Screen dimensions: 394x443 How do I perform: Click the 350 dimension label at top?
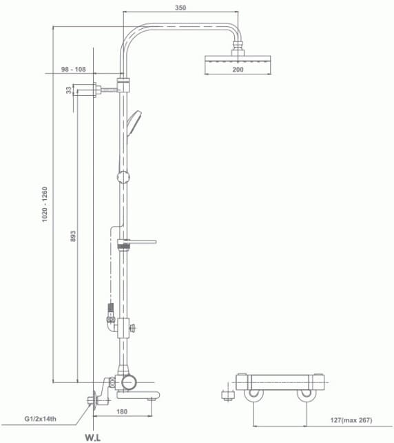pyautogui.click(x=180, y=8)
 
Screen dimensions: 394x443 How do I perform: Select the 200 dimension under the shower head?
pyautogui.click(x=238, y=70)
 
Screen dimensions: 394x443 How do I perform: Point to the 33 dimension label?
pyautogui.click(x=69, y=90)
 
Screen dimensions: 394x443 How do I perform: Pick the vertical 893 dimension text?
pyautogui.click(x=73, y=236)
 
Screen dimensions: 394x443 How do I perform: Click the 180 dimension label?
pyautogui.click(x=122, y=412)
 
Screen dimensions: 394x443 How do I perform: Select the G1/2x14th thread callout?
pyautogui.click(x=43, y=418)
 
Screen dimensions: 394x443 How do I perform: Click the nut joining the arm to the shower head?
pyautogui.click(x=238, y=48)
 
